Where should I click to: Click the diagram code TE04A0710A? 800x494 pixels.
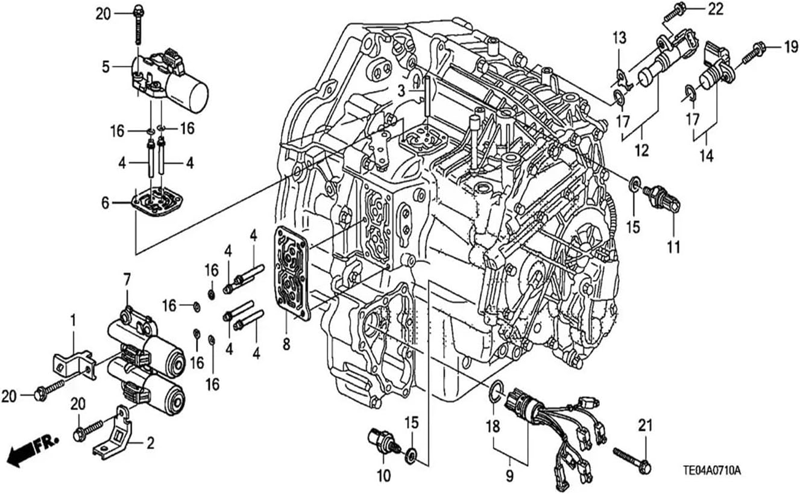712,471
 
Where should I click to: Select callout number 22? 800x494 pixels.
716,9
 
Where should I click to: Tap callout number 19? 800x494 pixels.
791,47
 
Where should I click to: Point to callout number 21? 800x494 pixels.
645,425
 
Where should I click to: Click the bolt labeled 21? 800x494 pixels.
632,461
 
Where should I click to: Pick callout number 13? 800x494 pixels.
620,38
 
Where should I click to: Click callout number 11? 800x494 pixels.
673,248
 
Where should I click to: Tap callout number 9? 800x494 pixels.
509,476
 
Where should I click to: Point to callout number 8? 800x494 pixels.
286,345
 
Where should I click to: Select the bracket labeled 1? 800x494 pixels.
74,366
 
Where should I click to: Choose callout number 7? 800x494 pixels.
127,280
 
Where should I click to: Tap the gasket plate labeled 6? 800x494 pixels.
157,201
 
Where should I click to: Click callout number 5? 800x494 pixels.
106,67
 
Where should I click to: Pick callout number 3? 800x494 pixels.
402,92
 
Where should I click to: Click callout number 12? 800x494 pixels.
642,151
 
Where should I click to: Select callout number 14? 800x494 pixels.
707,156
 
